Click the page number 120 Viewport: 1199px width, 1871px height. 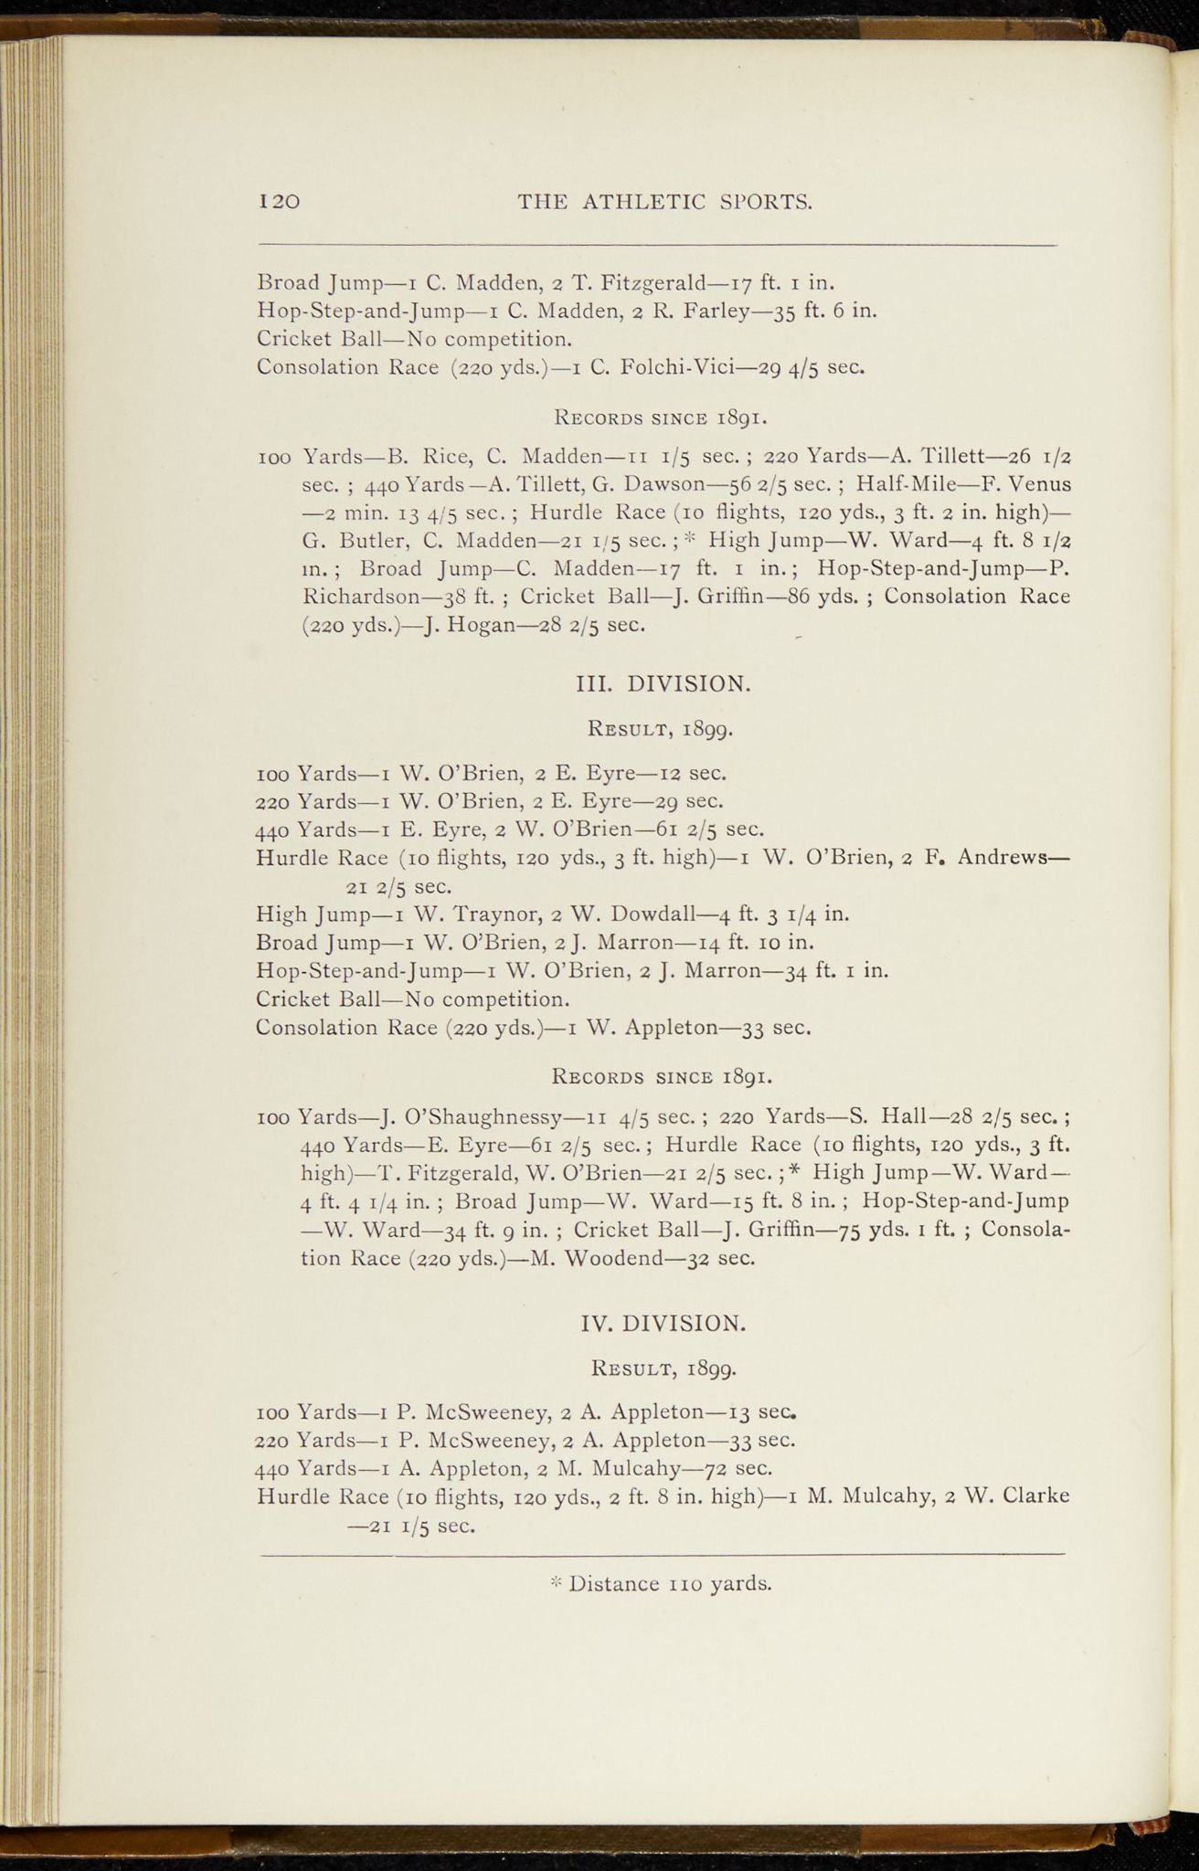pos(280,202)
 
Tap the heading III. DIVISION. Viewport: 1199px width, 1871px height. pos(665,682)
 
